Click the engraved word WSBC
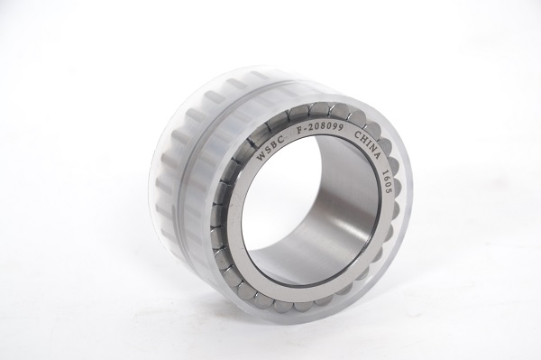tap(271, 147)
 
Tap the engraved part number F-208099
tap(320, 129)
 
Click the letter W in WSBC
tap(261, 155)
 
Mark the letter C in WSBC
tap(282, 139)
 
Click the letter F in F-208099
tap(300, 132)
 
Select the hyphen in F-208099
tap(306, 131)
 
